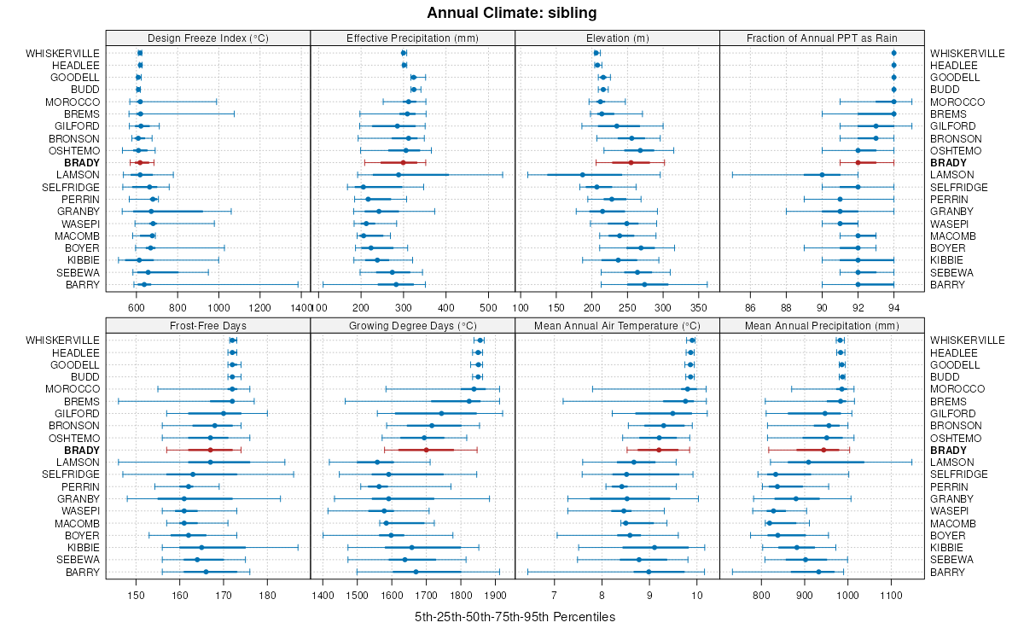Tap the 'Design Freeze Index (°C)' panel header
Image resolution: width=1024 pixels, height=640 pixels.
[208, 38]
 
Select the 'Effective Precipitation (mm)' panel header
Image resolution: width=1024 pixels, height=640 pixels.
[412, 38]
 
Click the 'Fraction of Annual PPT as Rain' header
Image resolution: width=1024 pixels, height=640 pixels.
[822, 38]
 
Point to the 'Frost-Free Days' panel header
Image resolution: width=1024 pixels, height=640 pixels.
[208, 325]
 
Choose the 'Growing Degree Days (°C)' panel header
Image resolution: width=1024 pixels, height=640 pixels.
[412, 325]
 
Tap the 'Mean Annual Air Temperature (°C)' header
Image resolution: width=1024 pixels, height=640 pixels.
[617, 325]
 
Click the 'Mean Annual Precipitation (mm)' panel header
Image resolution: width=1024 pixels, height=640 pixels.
[822, 325]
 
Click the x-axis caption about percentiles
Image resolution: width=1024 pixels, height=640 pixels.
[515, 616]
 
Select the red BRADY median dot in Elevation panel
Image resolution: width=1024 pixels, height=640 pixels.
[631, 162]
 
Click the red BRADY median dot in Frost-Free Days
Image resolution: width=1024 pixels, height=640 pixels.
[210, 450]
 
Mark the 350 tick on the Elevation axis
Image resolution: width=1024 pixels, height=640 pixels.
[699, 306]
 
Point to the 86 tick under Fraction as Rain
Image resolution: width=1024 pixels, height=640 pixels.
[751, 306]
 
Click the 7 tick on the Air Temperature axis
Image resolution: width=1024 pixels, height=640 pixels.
[554, 594]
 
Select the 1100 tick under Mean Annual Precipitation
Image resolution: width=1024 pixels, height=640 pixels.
[892, 594]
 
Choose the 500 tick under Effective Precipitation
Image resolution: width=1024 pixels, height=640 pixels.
[489, 306]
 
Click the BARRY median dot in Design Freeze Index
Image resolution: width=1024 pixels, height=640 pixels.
[143, 285]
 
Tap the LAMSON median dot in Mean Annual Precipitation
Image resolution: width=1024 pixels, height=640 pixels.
[808, 462]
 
